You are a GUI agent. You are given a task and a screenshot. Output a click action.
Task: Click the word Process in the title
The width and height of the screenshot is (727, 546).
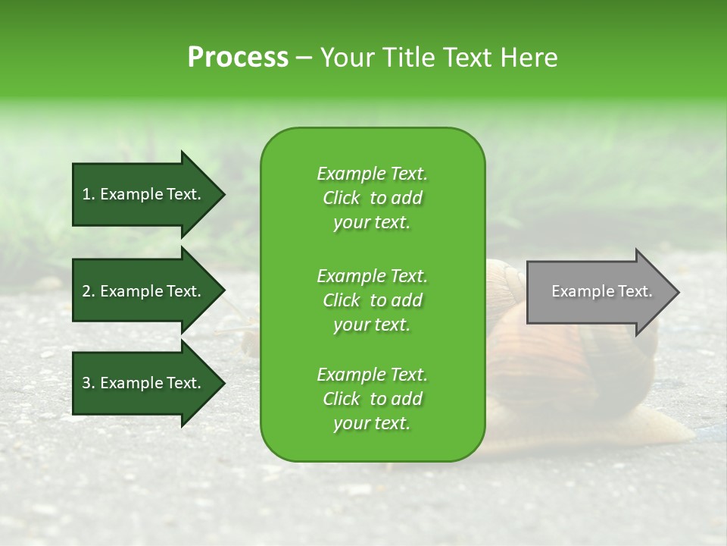(238, 58)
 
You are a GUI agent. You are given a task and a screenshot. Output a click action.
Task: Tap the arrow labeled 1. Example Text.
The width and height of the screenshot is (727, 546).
(144, 194)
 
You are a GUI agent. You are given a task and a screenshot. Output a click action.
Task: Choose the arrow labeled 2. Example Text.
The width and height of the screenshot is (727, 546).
(144, 291)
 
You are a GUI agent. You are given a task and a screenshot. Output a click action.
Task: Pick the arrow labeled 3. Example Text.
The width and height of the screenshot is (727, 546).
(144, 383)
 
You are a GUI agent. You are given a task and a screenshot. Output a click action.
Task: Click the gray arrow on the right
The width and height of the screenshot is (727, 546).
(598, 292)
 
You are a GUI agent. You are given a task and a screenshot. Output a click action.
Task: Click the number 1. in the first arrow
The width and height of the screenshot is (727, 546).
(88, 194)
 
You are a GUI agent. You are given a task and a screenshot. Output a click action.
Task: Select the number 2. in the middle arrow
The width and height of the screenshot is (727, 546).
(88, 291)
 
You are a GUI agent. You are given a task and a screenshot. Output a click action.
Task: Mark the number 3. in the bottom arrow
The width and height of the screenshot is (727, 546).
(88, 383)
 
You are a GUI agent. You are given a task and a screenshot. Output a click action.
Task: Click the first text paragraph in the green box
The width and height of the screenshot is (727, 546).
(372, 198)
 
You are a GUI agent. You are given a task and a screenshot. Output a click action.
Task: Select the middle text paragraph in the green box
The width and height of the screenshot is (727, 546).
(372, 300)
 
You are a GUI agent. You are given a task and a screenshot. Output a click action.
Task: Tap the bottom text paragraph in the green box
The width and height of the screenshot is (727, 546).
(372, 399)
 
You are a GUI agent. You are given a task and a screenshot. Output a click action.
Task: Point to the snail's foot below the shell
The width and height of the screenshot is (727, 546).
(666, 432)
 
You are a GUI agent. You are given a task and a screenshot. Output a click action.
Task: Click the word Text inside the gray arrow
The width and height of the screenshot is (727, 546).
(636, 291)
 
